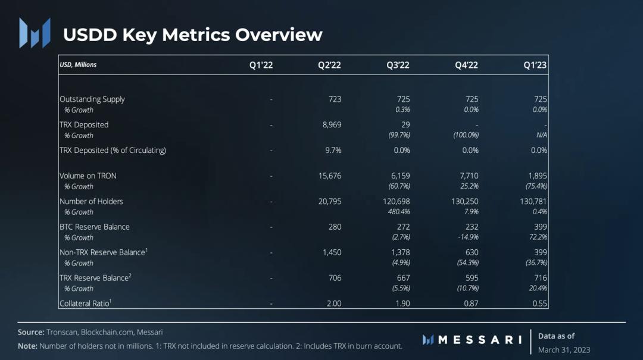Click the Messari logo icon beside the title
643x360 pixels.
click(x=35, y=33)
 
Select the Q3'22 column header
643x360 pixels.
click(x=398, y=65)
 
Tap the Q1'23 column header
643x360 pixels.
click(x=535, y=65)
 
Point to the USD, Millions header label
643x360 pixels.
click(x=78, y=64)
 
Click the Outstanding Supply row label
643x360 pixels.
click(x=92, y=99)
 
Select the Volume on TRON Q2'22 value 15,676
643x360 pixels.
click(x=330, y=176)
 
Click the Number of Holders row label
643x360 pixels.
click(x=91, y=201)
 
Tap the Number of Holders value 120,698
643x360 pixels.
click(x=395, y=201)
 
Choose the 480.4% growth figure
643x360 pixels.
click(x=398, y=212)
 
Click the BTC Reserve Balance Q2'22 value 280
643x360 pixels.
click(x=335, y=227)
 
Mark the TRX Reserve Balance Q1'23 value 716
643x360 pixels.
click(x=540, y=278)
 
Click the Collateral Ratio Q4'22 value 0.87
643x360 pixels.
click(x=470, y=303)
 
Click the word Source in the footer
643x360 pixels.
click(x=31, y=332)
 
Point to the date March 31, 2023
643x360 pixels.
click(x=564, y=349)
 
